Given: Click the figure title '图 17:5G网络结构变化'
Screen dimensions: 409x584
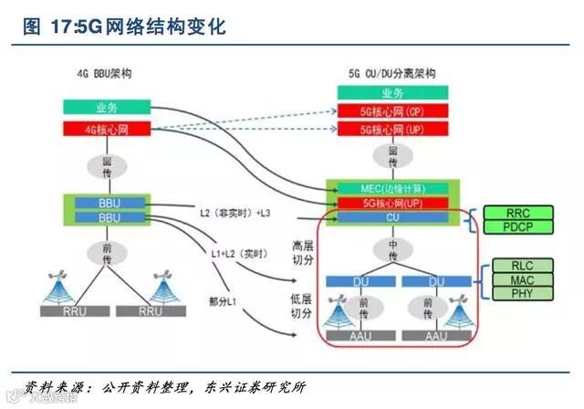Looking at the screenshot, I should pyautogui.click(x=124, y=26).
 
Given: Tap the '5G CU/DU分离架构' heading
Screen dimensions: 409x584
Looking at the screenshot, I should pyautogui.click(x=391, y=72).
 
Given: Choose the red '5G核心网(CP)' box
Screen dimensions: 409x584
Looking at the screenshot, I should pyautogui.click(x=391, y=111).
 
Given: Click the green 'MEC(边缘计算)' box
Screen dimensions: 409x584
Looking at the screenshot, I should pyautogui.click(x=391, y=188).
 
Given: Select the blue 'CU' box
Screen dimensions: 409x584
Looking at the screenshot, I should pyautogui.click(x=391, y=217).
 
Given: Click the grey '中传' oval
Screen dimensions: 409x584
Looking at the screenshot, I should pyautogui.click(x=391, y=250).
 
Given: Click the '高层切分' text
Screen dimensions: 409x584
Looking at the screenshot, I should pyautogui.click(x=303, y=253).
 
